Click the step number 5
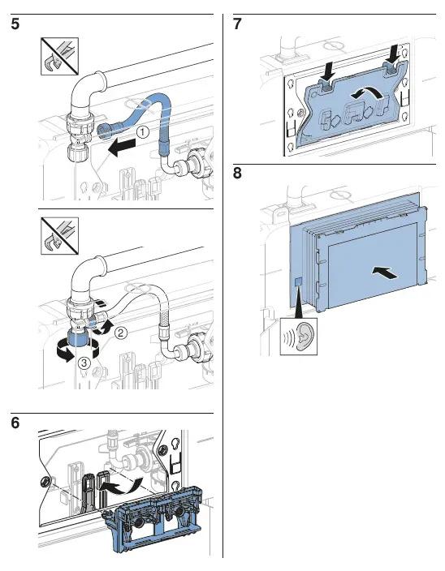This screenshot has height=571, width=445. (x=15, y=24)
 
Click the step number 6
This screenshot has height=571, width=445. (x=15, y=423)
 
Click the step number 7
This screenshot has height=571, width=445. (x=237, y=24)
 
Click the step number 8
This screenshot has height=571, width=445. (x=237, y=173)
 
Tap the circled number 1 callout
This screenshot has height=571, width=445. (x=143, y=132)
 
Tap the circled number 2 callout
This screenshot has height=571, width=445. (x=121, y=333)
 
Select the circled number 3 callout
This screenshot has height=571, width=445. (x=84, y=363)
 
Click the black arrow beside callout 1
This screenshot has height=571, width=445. (x=121, y=148)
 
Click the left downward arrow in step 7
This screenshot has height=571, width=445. (x=328, y=71)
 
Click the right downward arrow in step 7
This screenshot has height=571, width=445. (x=394, y=52)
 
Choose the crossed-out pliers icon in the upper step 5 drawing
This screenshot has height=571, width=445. (x=59, y=56)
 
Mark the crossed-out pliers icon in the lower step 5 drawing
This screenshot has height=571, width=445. (x=59, y=235)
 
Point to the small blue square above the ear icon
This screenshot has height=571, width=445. (x=298, y=281)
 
